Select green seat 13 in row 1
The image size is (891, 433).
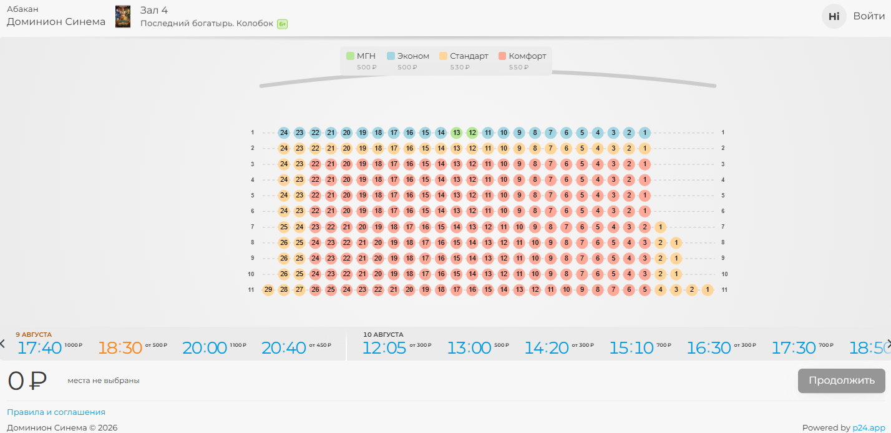(x=456, y=132)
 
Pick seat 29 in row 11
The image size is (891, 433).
(x=268, y=289)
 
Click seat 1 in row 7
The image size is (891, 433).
(x=660, y=227)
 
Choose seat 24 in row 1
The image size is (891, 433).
(x=284, y=132)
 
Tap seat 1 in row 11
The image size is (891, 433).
(x=707, y=289)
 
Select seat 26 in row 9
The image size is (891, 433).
(x=284, y=258)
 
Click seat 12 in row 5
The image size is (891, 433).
(x=472, y=196)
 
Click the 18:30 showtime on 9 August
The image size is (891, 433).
(x=120, y=348)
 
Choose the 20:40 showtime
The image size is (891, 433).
(x=284, y=348)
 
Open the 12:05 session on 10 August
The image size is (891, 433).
(x=384, y=348)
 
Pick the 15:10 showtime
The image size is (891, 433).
(x=631, y=348)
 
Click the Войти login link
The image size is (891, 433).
(x=869, y=16)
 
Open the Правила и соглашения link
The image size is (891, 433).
(x=56, y=412)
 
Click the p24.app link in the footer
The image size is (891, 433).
(x=869, y=428)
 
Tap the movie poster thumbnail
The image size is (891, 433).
(x=123, y=16)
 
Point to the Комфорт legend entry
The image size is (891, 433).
(x=522, y=56)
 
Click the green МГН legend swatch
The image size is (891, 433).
(x=350, y=56)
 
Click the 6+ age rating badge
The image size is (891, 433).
(x=283, y=24)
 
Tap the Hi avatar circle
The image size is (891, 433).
(x=834, y=16)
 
